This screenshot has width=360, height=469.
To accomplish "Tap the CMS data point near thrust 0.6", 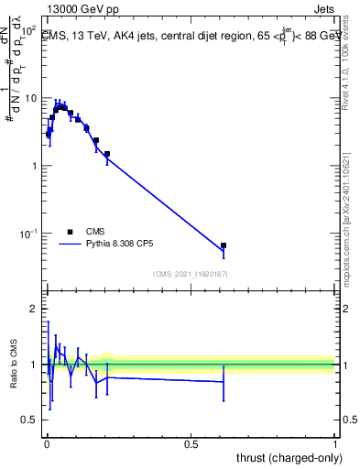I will tap(224, 245).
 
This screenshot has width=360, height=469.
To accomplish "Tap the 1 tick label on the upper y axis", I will tap(33, 166).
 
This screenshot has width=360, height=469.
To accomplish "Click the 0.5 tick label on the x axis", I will tap(191, 445).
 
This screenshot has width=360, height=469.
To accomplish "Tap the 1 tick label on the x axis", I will tap(335, 445).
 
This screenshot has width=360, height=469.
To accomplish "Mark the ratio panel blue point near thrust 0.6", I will tap(224, 382).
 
